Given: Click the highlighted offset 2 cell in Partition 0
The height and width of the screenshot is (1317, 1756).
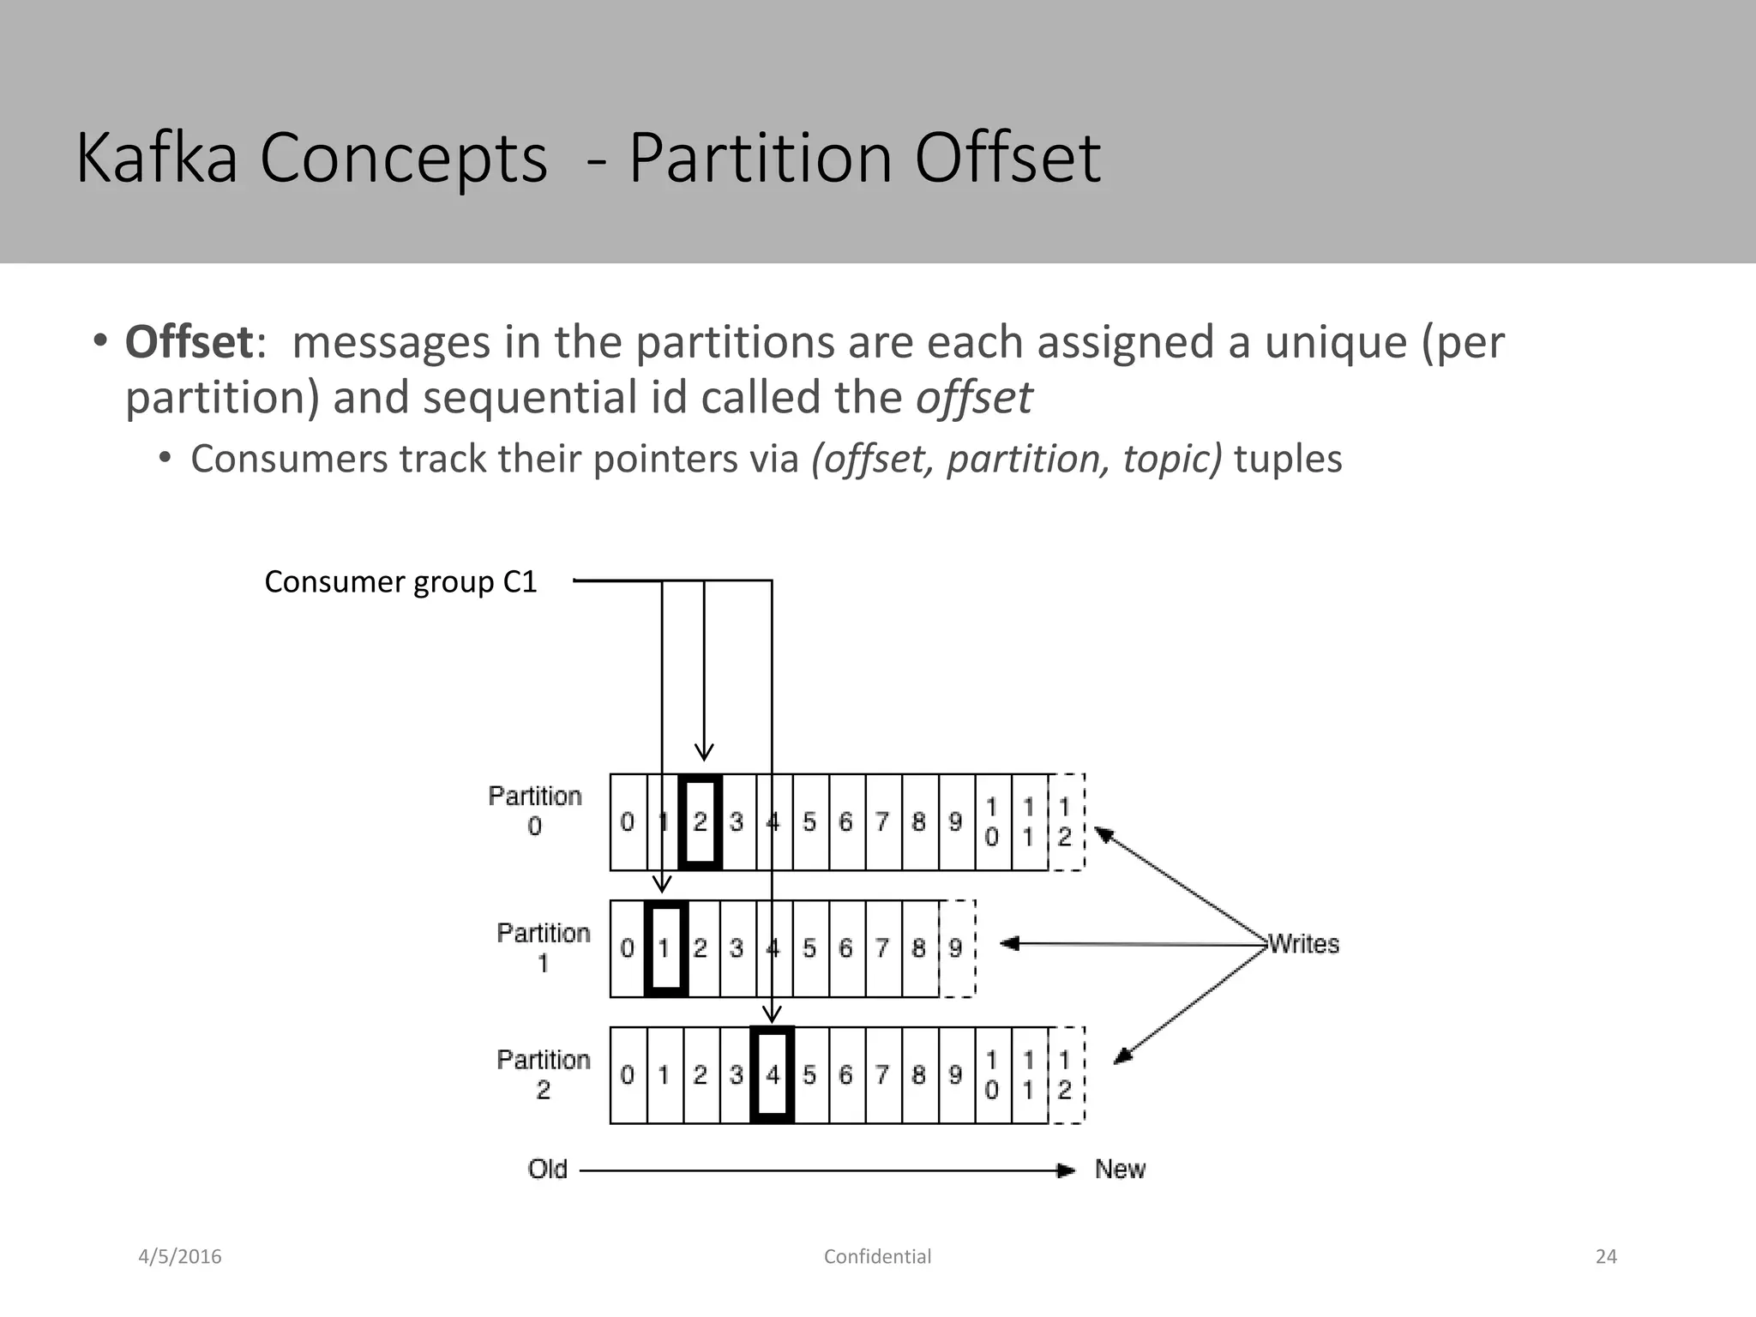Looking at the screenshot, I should pyautogui.click(x=700, y=822).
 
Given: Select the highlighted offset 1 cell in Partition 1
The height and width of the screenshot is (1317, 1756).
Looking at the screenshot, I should pyautogui.click(x=665, y=948).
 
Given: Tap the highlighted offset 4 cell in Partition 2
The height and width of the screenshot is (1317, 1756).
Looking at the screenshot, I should pyautogui.click(x=773, y=1074).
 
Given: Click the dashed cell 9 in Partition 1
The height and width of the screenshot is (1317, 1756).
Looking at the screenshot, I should pyautogui.click(x=957, y=948).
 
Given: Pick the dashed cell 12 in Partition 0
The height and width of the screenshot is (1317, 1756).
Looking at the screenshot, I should pyautogui.click(x=1066, y=822).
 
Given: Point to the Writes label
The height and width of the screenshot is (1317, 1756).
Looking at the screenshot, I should pyautogui.click(x=1303, y=944).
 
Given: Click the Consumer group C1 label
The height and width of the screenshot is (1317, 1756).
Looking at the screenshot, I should pyautogui.click(x=400, y=582).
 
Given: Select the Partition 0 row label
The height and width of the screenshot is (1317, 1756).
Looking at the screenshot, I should pyautogui.click(x=535, y=810).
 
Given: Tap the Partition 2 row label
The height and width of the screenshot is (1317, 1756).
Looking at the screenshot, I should pyautogui.click(x=544, y=1074).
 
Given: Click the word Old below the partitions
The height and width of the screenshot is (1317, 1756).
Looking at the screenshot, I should pyautogui.click(x=548, y=1170).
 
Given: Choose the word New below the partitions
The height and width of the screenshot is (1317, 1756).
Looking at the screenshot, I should pyautogui.click(x=1120, y=1170).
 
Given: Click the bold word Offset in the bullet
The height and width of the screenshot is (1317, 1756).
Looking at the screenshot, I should pyautogui.click(x=189, y=342).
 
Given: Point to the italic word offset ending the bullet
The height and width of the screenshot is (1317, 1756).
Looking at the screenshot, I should pyautogui.click(x=974, y=397).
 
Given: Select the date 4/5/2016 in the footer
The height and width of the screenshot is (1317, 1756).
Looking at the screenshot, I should pyautogui.click(x=180, y=1257).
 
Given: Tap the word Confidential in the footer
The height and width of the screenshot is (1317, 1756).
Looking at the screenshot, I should pyautogui.click(x=877, y=1257).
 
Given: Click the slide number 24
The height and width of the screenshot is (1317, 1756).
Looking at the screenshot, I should pyautogui.click(x=1606, y=1257).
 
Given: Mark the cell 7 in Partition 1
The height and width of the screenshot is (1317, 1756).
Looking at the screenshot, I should pyautogui.click(x=883, y=948).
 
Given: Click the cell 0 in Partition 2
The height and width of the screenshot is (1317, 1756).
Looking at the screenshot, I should pyautogui.click(x=628, y=1074).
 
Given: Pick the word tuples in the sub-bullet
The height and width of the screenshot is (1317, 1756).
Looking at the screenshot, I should pyautogui.click(x=1288, y=459).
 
